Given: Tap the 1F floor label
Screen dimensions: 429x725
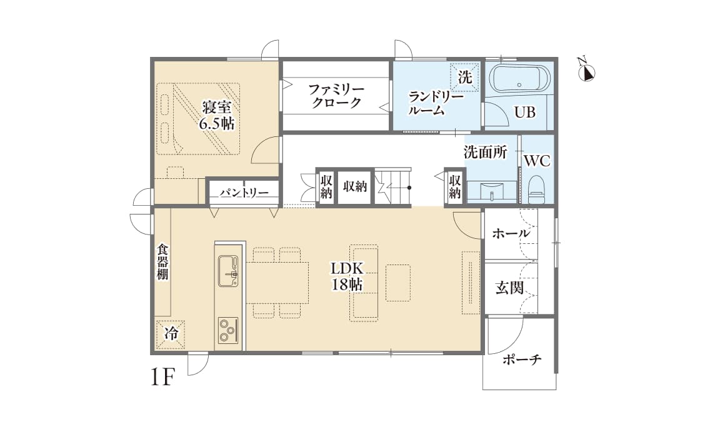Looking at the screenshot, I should click(162, 378).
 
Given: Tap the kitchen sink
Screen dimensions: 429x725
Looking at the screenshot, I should click(227, 271).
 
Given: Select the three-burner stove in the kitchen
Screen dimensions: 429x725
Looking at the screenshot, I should click(227, 330).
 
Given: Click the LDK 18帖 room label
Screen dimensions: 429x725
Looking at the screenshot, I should click(348, 276).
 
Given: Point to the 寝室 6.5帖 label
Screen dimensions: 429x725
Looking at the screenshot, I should click(216, 114).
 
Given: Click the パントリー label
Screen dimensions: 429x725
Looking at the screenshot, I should click(244, 193).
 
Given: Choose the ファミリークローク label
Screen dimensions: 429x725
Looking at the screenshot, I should click(336, 96).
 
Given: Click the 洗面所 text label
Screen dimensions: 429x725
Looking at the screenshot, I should click(485, 152).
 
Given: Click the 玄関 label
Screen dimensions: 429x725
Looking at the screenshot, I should click(509, 288).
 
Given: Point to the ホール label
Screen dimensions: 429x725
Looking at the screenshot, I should click(511, 234).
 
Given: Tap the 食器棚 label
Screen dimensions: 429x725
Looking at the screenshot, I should click(162, 261).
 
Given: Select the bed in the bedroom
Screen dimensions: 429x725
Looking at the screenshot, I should click(199, 119).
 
